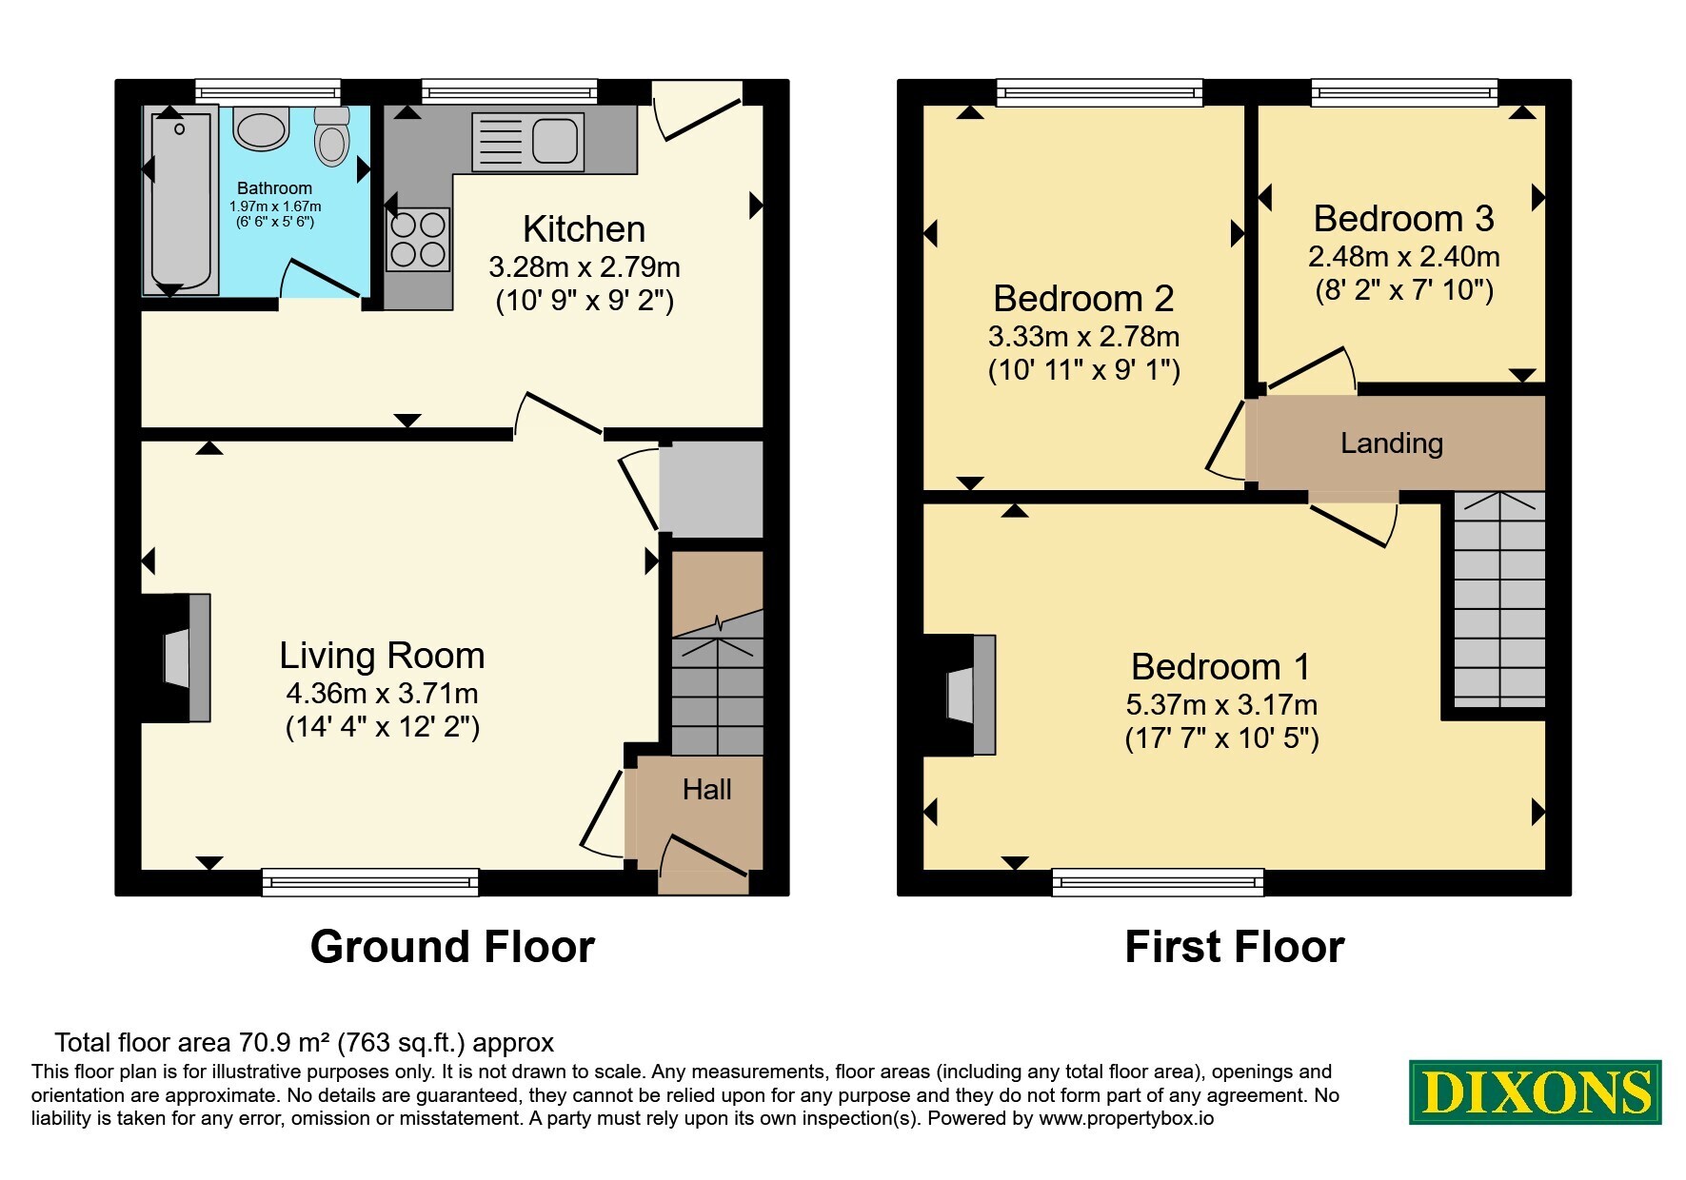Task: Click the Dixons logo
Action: [1535, 1091]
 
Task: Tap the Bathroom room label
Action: [274, 188]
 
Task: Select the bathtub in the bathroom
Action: [180, 201]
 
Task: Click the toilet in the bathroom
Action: [332, 135]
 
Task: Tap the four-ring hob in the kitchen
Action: [418, 240]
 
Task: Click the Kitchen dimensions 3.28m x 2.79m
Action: [584, 266]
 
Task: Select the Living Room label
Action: [382, 656]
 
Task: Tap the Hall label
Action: [706, 789]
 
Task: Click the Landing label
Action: [1392, 443]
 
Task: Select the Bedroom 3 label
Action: [1403, 219]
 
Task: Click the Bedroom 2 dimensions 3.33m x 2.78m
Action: [1083, 337]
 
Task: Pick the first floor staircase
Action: [1499, 600]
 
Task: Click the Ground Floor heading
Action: [452, 947]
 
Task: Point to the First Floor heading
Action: [1235, 947]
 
